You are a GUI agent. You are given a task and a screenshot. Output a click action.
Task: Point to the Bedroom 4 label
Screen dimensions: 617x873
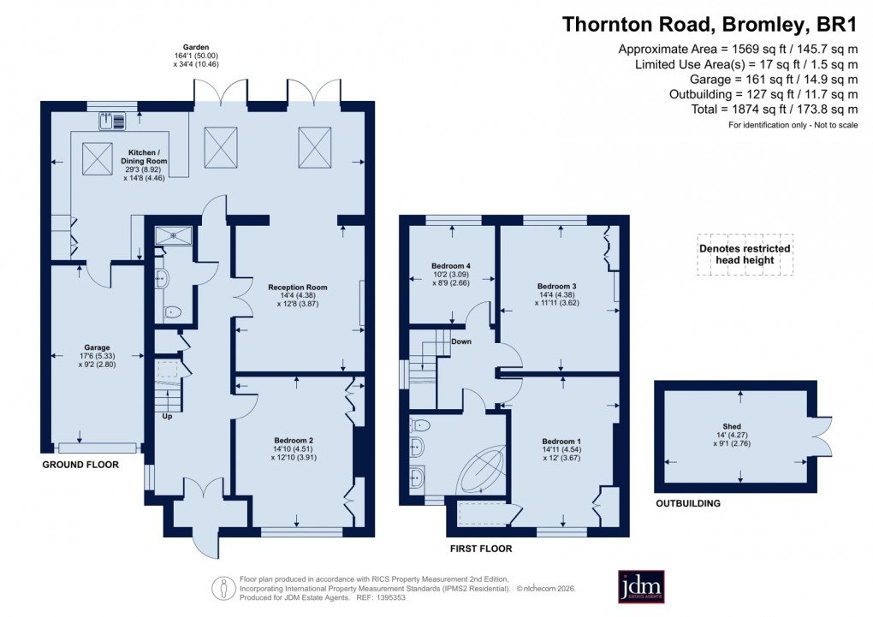450,277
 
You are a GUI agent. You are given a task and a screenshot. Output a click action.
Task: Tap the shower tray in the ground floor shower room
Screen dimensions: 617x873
175,234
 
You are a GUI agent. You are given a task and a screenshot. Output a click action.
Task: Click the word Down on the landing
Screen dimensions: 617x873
461,341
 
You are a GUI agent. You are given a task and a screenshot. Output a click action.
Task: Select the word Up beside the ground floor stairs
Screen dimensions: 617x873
168,416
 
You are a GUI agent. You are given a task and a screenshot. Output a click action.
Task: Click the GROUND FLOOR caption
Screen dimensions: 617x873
80,465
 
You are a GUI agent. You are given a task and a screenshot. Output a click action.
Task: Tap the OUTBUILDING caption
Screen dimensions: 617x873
687,504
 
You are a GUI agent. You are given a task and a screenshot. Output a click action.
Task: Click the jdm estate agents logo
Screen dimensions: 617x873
642,585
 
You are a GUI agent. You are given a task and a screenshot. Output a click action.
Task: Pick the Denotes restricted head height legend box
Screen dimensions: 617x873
745,254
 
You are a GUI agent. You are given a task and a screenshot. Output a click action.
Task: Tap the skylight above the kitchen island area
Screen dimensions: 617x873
97,157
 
